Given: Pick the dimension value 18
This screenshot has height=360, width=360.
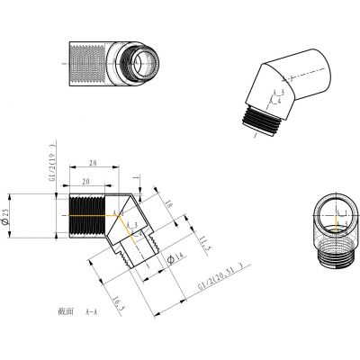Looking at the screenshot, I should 168,205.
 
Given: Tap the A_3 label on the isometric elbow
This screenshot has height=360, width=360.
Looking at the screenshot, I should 278,92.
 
